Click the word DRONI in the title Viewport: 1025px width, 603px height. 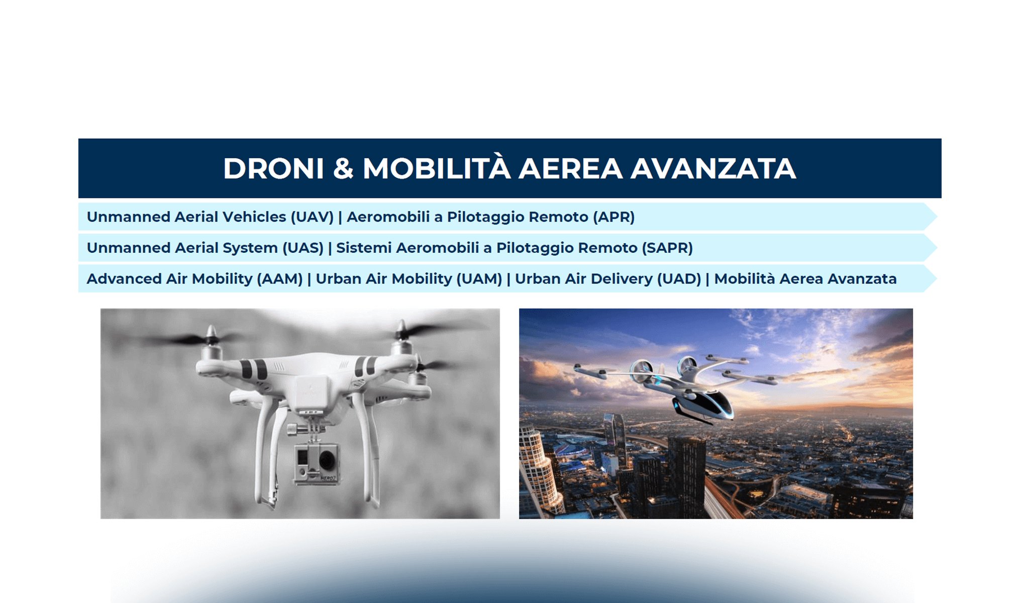pos(274,168)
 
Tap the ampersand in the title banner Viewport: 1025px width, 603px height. pos(343,168)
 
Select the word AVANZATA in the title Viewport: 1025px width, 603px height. pos(713,168)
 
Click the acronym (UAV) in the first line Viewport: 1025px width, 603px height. pos(312,217)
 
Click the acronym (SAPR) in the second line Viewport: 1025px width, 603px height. pos(667,248)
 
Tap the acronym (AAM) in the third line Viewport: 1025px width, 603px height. pos(280,279)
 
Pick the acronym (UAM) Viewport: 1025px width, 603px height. pos(479,279)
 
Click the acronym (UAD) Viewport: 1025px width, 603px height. pos(679,279)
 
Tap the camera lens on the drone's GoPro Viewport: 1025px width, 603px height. pos(327,460)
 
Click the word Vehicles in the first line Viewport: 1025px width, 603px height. pos(254,217)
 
